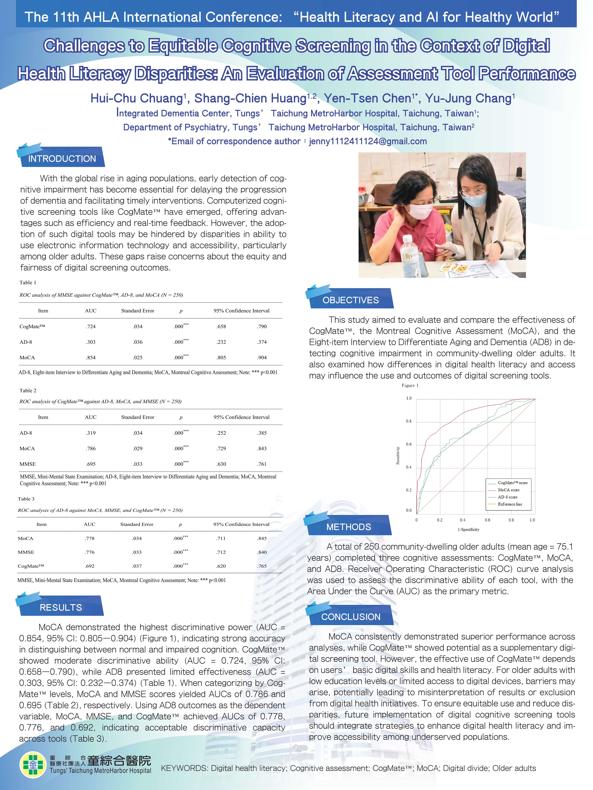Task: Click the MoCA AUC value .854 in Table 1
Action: click(91, 357)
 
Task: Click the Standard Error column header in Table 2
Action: click(138, 417)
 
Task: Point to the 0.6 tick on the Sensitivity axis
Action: click(409, 444)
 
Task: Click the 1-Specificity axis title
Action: click(468, 529)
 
